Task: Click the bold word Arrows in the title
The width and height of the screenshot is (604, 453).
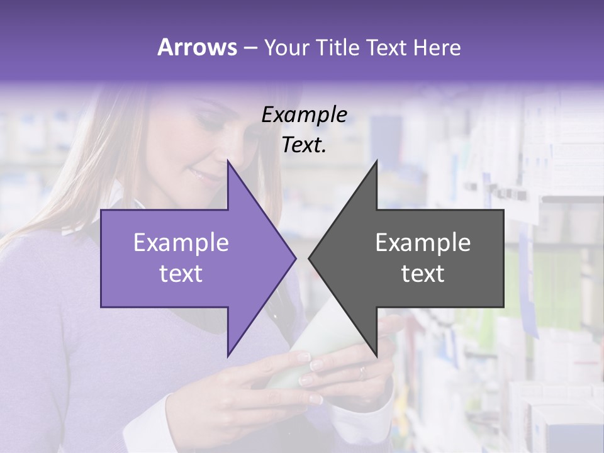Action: (198, 47)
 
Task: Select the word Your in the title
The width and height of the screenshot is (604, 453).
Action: (285, 47)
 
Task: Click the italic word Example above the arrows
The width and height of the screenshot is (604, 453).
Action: (305, 115)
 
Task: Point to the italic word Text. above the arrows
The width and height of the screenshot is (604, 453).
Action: (305, 145)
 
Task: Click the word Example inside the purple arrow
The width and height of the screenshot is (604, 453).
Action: (181, 242)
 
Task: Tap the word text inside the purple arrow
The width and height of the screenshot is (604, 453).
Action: (181, 274)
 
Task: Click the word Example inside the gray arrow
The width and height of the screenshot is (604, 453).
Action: (423, 242)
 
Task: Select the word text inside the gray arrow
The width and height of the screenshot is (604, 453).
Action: (423, 274)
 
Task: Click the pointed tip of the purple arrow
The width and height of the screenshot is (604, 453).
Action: (295, 258)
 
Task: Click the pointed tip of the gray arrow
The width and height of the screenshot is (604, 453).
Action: (310, 258)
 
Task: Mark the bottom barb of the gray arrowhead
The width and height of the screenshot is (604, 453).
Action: (376, 355)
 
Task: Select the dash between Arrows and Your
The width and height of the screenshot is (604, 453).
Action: (250, 48)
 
